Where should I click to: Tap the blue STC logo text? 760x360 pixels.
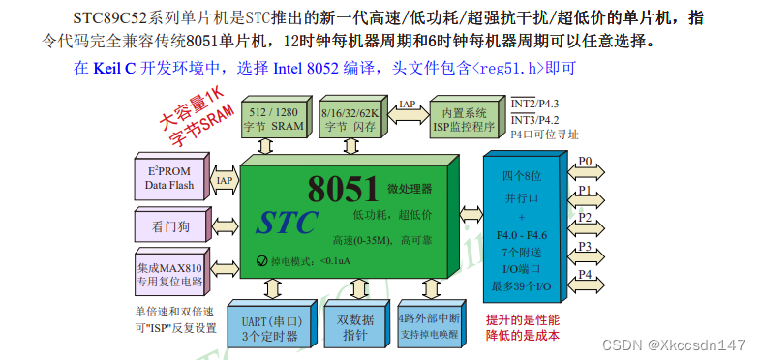(x=287, y=223)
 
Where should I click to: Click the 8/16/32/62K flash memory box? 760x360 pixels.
(x=349, y=118)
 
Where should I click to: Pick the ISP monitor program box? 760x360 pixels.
(x=463, y=118)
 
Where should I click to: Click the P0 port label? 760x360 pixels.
(x=585, y=162)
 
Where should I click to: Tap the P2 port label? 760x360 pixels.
(x=585, y=217)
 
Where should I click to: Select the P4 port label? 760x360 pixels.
(x=585, y=275)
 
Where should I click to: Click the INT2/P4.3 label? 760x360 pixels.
(x=534, y=103)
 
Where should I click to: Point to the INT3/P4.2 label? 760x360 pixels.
(x=534, y=119)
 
